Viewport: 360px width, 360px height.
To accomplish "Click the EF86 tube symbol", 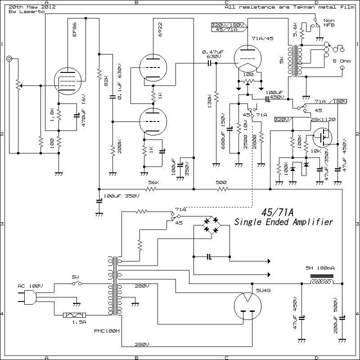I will (67, 81).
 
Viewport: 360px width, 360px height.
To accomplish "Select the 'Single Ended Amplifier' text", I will (283, 222).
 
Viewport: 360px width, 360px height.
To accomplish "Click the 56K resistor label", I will (153, 182).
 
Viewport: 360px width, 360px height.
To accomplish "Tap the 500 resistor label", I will (221, 182).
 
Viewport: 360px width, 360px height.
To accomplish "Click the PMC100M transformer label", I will (106, 331).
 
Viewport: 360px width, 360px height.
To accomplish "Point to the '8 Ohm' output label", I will (341, 61).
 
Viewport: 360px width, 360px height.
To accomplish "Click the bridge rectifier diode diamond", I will (211, 225).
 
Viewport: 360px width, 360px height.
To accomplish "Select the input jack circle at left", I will (9, 59).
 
